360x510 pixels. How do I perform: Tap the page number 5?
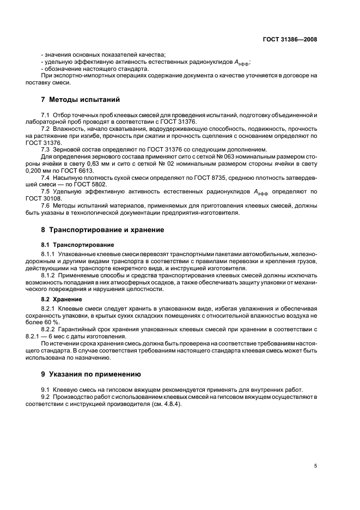315,465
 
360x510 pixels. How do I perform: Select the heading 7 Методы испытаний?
80,100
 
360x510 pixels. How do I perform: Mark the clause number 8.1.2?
48,275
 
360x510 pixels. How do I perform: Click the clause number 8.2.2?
48,330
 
